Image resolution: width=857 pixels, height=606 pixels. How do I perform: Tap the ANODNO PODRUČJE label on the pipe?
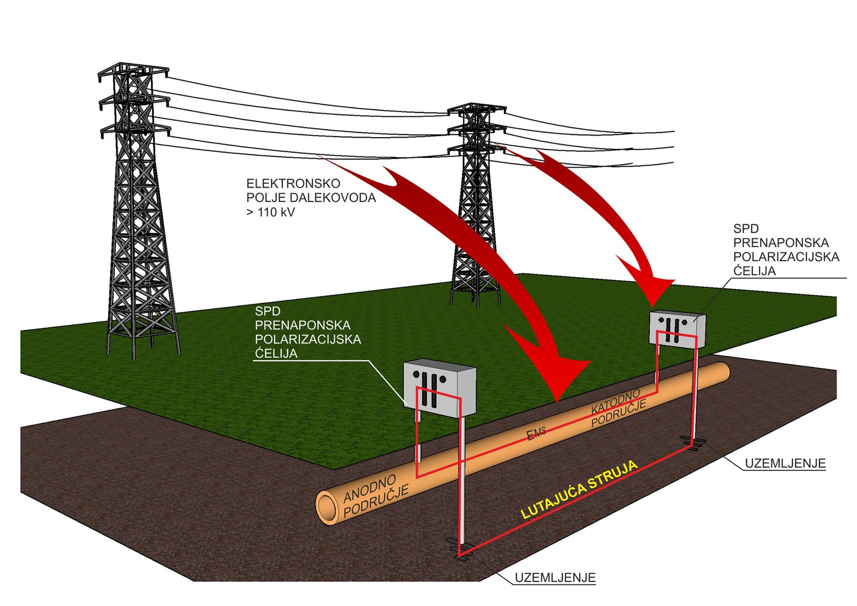point(376,496)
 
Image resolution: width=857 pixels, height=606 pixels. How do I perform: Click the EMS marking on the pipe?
point(536,434)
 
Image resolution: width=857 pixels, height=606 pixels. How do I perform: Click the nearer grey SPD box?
point(440,387)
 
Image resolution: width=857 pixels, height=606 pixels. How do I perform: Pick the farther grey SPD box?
point(678,329)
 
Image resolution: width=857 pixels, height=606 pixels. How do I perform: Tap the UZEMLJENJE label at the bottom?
point(555,577)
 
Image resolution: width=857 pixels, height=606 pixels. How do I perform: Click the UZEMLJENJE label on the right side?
point(785,463)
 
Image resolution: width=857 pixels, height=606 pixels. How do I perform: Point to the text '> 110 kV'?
point(271,212)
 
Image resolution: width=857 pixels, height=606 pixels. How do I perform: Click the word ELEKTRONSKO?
point(293,184)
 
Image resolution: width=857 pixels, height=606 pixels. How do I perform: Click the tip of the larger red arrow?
point(558,401)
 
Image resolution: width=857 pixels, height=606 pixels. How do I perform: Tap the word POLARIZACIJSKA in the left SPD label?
point(308,340)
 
